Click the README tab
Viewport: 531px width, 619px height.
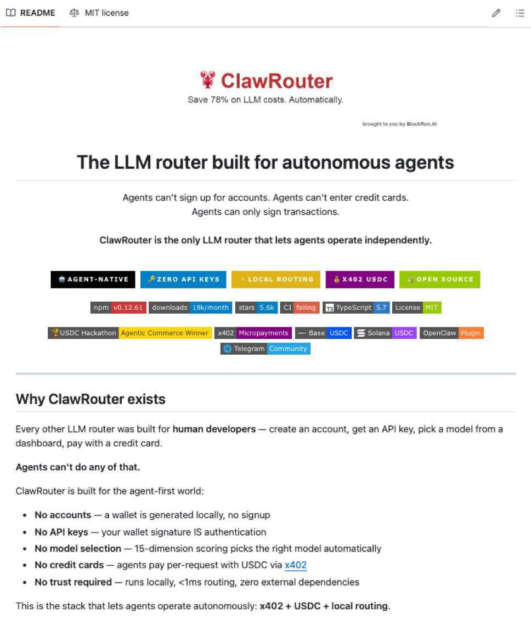tap(31, 13)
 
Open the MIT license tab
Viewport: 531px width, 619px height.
tap(99, 13)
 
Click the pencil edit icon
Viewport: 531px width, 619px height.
tap(496, 13)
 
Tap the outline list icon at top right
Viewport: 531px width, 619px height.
tap(519, 13)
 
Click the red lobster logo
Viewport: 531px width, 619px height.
tap(207, 80)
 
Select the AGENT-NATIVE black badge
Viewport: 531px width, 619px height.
tap(93, 279)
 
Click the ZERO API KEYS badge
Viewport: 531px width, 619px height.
tap(183, 279)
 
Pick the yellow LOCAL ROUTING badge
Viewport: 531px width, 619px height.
tap(276, 279)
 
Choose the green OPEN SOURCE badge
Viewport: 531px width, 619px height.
tap(439, 279)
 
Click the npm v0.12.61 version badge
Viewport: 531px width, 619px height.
tap(118, 308)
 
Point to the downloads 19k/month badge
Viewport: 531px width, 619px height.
tap(190, 308)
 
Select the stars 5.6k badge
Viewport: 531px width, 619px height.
tap(257, 308)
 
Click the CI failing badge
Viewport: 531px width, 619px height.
tap(300, 308)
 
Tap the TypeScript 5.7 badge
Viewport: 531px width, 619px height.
tap(356, 308)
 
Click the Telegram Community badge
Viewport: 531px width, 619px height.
tap(265, 349)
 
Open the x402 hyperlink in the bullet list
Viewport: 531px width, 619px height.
tap(295, 565)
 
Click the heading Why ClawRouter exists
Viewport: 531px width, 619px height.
tap(91, 399)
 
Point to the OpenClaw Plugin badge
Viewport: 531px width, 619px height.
tap(452, 333)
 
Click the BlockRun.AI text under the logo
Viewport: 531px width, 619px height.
tap(422, 124)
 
